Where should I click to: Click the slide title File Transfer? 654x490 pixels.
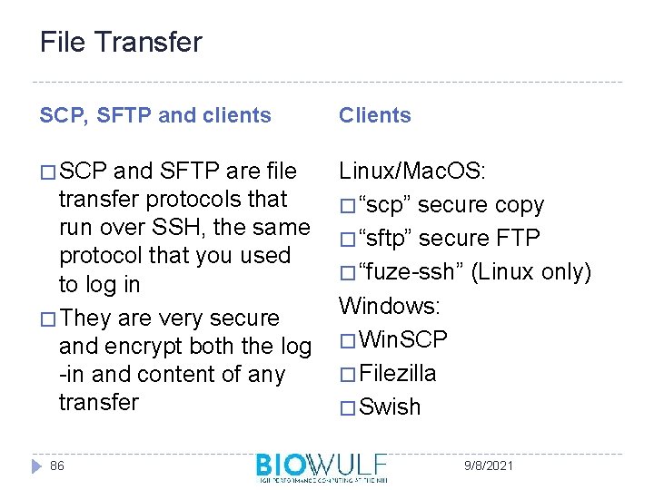tap(121, 42)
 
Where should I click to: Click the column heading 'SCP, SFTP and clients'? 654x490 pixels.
tap(155, 115)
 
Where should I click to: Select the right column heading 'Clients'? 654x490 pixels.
tap(375, 115)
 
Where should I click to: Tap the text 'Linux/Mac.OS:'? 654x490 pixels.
tap(412, 171)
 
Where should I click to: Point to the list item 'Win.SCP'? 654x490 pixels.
tap(403, 339)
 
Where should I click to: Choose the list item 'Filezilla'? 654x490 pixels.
tap(398, 373)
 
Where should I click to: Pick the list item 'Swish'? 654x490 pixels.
tap(391, 407)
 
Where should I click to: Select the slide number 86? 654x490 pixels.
tap(57, 465)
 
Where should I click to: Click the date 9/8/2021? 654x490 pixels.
tap(488, 465)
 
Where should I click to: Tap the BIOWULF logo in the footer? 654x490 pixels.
tap(322, 466)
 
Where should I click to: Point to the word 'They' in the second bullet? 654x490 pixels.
tap(88, 318)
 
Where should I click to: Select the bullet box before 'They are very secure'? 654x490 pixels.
tap(48, 319)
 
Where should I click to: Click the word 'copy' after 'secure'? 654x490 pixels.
tap(520, 205)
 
